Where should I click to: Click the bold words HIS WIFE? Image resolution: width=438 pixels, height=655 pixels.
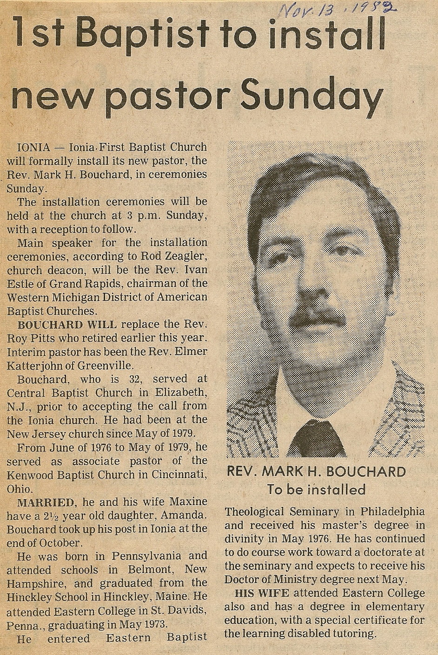coord(262,593)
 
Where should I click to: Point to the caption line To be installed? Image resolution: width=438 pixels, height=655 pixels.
coord(316,489)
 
